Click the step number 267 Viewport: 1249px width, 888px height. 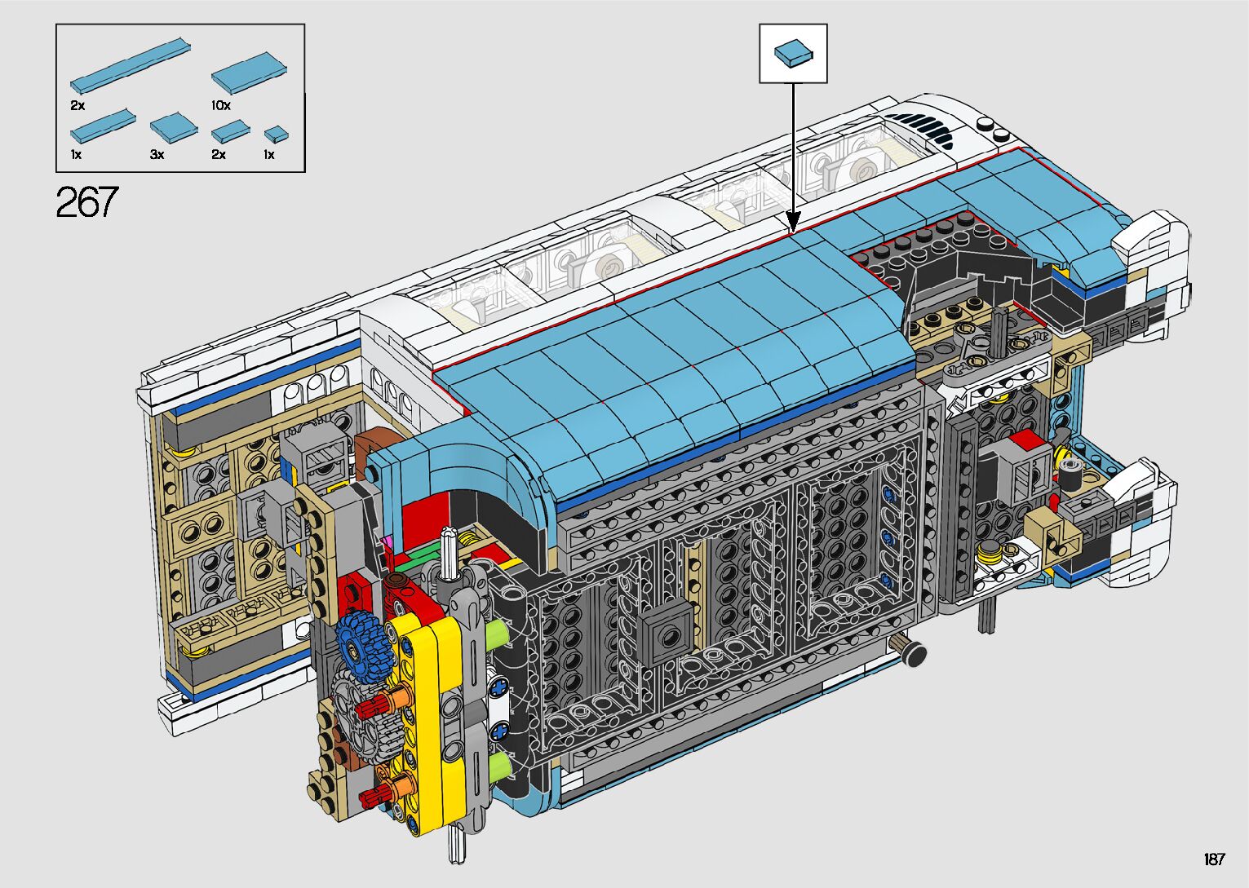[87, 201]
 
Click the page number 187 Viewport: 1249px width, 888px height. [1215, 859]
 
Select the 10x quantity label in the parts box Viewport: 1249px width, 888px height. [221, 105]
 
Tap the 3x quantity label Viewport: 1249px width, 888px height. [157, 154]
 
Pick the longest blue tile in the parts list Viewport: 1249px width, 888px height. [131, 64]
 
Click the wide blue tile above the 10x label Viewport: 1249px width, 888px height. [249, 73]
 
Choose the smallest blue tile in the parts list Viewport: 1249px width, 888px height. [277, 135]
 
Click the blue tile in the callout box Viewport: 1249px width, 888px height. [793, 54]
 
